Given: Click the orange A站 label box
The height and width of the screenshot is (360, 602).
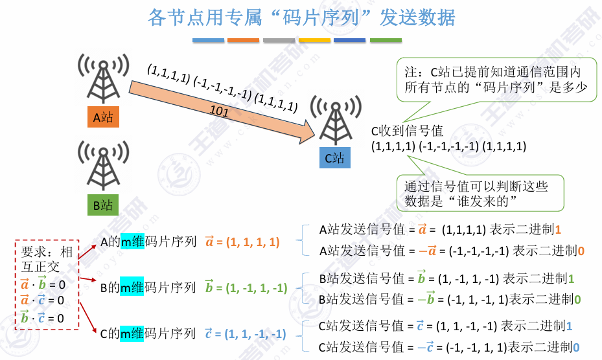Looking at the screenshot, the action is pyautogui.click(x=103, y=117).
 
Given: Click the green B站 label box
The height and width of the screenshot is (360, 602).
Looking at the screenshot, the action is pyautogui.click(x=103, y=205).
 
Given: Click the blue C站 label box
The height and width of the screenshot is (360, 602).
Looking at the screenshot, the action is pyautogui.click(x=334, y=158).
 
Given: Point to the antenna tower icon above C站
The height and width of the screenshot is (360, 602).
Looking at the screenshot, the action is pyautogui.click(x=334, y=121).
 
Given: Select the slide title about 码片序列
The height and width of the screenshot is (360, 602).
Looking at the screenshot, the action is pyautogui.click(x=301, y=17).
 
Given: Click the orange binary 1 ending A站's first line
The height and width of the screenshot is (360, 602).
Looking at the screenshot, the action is pyautogui.click(x=558, y=229).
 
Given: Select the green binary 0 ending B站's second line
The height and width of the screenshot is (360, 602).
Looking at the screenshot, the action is pyautogui.click(x=577, y=300).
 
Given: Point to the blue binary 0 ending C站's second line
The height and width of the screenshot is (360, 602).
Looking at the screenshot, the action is pyautogui.click(x=575, y=347).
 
